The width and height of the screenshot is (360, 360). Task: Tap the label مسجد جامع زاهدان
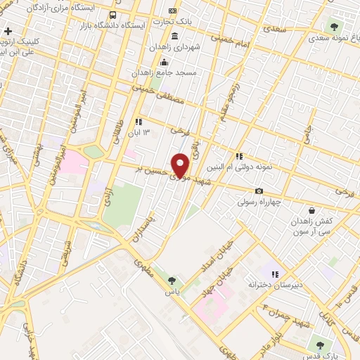pyautogui.click(x=168, y=72)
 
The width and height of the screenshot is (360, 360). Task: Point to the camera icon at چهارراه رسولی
pyautogui.click(x=259, y=191)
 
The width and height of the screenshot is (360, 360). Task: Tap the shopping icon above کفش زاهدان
pyautogui.click(x=311, y=210)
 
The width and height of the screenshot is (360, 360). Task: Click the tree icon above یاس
pyautogui.click(x=172, y=280)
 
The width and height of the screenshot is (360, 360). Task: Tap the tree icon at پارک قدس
pyautogui.click(x=321, y=345)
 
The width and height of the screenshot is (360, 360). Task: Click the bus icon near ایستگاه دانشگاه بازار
pyautogui.click(x=112, y=15)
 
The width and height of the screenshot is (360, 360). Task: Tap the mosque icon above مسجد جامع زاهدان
pyautogui.click(x=164, y=62)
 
